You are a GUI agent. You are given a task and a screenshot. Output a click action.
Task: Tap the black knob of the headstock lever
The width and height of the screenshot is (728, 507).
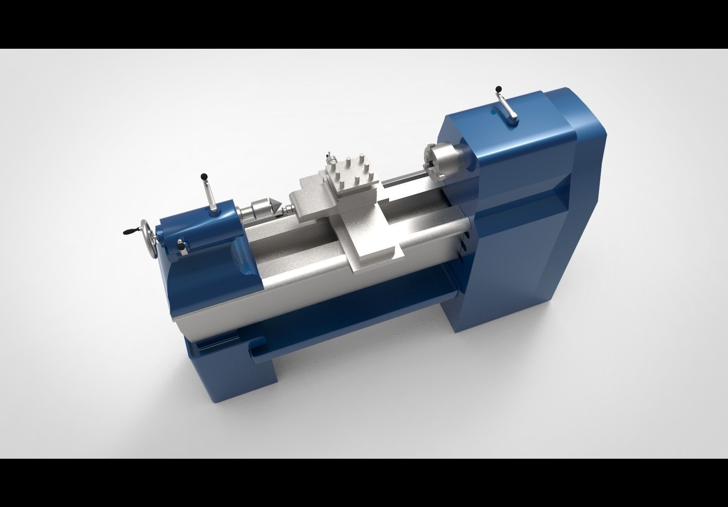[499, 89]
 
